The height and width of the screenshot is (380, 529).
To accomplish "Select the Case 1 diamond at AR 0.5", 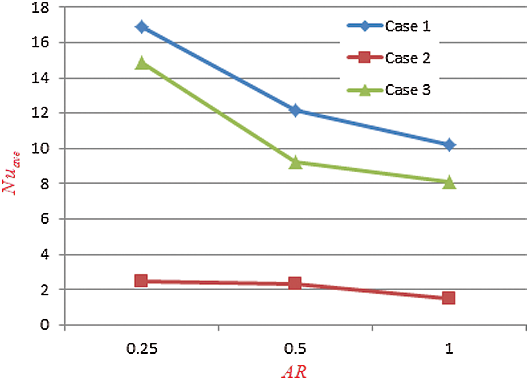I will pos(295,111).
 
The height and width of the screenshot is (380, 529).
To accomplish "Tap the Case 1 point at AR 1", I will pos(449,145).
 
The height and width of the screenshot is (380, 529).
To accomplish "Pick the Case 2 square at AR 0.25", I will pos(141,281).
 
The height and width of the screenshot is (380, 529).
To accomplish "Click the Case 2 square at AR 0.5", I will pos(295,283).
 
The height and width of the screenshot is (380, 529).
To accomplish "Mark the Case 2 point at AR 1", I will pos(449,298).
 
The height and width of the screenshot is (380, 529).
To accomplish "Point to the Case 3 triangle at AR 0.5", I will pos(295,163).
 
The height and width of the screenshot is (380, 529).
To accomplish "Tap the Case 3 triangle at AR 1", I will pos(449,183).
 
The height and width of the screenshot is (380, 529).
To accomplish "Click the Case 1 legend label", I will pos(408,27).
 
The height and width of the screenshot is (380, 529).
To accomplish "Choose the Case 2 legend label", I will pos(408,58).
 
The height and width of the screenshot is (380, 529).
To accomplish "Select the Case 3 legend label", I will pos(408,90).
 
